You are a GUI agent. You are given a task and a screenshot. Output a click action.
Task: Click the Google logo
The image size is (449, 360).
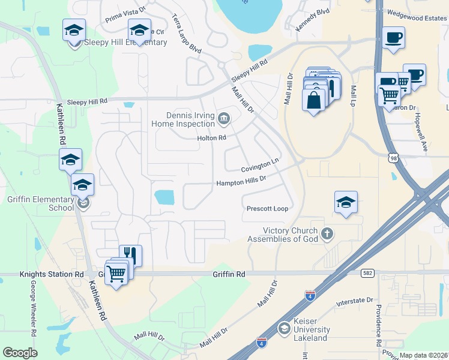pos(20,353)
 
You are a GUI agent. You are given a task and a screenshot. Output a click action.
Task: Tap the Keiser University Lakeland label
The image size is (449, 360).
pos(311,329)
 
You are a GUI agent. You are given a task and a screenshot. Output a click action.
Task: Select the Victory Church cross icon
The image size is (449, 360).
pos(327,233)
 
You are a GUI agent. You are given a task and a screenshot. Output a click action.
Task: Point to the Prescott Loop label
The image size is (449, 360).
pos(267,209)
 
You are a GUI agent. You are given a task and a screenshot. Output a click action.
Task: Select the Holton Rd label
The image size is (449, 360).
pos(211,137)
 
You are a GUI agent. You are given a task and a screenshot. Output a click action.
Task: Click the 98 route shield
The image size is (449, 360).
pos(393,158)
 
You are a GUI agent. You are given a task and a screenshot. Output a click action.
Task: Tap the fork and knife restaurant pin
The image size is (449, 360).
pos(131,256)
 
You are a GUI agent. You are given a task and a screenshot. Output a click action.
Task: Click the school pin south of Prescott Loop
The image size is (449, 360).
pos(346,203)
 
